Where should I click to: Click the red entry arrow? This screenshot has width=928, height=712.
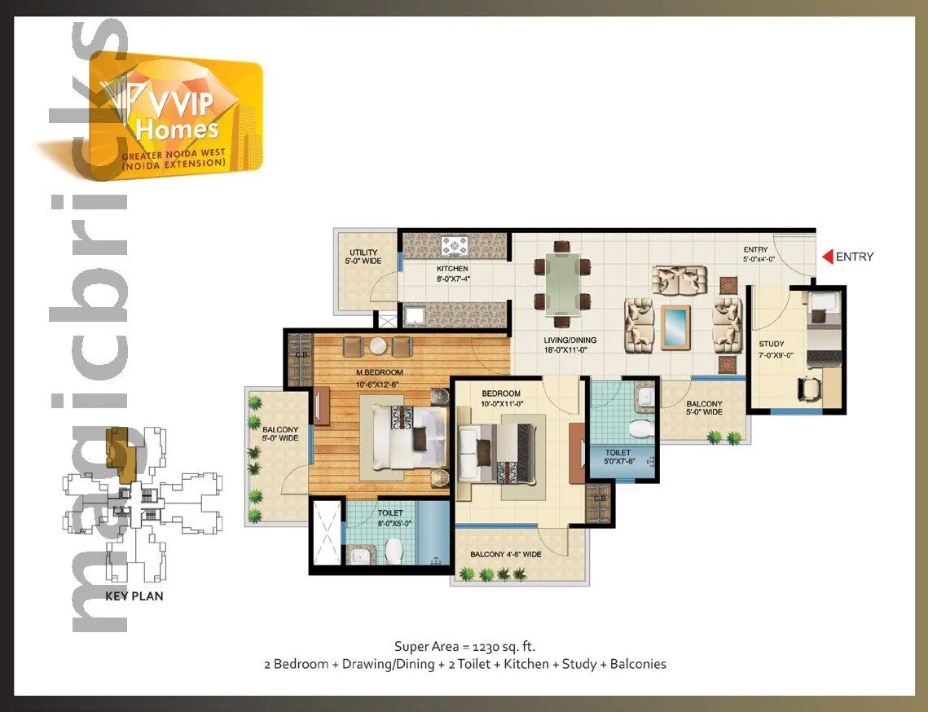(827, 257)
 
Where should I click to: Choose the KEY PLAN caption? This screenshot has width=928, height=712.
(134, 596)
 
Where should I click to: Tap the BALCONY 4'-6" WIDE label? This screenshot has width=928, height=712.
(506, 556)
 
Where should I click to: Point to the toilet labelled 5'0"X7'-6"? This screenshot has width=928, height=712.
(618, 458)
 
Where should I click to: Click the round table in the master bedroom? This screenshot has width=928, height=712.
(377, 346)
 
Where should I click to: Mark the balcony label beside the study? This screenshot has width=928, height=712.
(704, 407)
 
